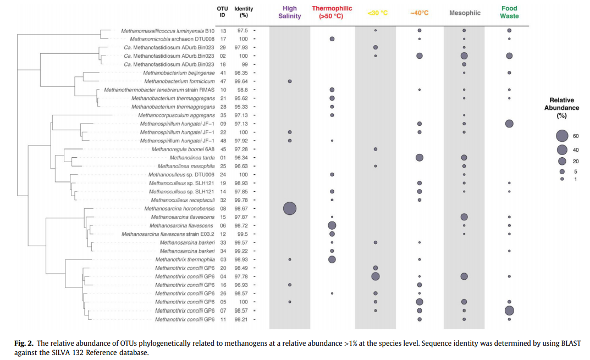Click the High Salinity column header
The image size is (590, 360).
(290, 12)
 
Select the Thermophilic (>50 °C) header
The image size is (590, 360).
(332, 12)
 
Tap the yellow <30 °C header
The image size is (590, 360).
(378, 13)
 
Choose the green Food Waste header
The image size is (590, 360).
(509, 12)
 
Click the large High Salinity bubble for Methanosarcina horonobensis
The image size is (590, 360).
(290, 208)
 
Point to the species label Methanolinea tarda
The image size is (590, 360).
(192, 158)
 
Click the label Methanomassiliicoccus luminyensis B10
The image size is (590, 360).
(168, 31)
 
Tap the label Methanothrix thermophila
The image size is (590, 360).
(185, 259)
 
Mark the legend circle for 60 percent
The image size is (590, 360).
(561, 136)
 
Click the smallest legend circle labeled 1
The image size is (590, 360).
(561, 179)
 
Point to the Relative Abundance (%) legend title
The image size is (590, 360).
(561, 108)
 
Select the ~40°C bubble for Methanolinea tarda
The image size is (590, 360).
(420, 158)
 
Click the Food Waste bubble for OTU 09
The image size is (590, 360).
(509, 124)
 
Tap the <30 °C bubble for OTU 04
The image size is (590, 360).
(376, 276)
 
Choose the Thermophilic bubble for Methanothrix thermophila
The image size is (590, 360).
(332, 259)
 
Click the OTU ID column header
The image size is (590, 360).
(223, 12)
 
